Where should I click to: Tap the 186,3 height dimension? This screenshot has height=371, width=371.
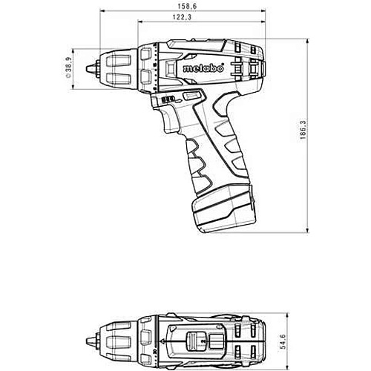303,129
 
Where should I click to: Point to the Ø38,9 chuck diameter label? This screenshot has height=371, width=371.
68,68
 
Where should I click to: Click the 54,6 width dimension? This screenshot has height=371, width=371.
283,342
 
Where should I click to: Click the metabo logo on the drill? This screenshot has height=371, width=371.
203,68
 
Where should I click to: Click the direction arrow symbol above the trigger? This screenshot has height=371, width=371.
178,101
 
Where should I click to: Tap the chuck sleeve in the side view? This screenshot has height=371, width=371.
119,69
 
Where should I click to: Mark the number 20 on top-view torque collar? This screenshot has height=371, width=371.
154,351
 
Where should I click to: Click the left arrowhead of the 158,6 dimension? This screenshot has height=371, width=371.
103,11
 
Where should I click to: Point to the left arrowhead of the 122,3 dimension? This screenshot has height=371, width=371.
141,22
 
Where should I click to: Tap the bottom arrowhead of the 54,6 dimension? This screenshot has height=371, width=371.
287,367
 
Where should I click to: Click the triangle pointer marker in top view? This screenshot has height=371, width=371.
163,341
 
